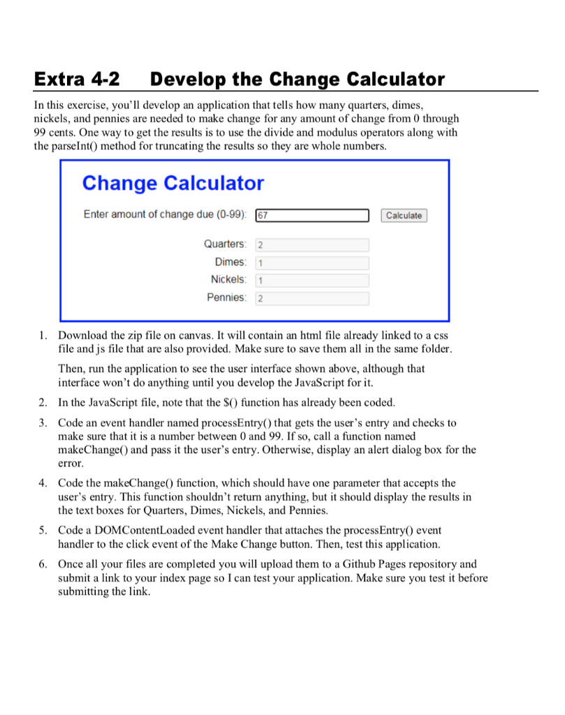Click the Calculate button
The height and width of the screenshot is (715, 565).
click(404, 216)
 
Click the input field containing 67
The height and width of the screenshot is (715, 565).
click(312, 216)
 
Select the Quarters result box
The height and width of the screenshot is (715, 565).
click(312, 245)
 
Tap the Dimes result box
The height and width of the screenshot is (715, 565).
click(312, 263)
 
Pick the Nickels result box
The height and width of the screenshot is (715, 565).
click(312, 281)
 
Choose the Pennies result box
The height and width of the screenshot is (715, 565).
click(312, 299)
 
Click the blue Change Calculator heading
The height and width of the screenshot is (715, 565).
click(173, 184)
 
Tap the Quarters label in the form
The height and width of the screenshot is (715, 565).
click(225, 244)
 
